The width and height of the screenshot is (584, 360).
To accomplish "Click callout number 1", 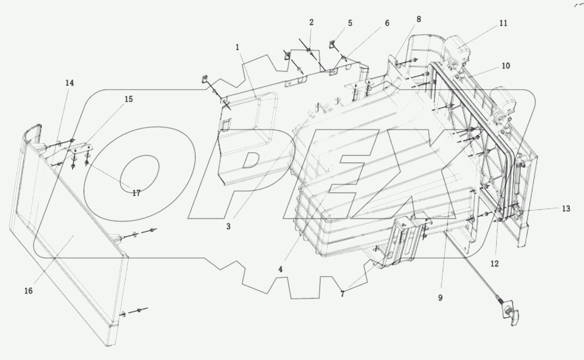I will (237, 47).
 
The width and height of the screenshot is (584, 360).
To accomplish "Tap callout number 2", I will (311, 22).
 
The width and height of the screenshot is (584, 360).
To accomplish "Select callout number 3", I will (228, 227).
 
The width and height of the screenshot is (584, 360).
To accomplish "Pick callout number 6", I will (387, 23).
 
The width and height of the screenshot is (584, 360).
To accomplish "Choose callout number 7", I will (342, 294).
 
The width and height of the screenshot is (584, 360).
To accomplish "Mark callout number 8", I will (418, 20).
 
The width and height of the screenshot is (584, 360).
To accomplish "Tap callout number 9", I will (439, 297).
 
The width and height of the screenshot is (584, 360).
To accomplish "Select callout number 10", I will (505, 66).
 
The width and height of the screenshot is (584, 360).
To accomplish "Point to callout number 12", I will (494, 264).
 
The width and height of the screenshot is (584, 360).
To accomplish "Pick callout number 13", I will (565, 208).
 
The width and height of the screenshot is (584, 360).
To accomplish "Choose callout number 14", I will (69, 83).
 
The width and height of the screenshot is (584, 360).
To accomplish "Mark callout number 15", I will (128, 99).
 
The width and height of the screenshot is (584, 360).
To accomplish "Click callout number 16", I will (28, 291).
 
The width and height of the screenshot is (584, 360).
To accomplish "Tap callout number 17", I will (136, 193).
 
